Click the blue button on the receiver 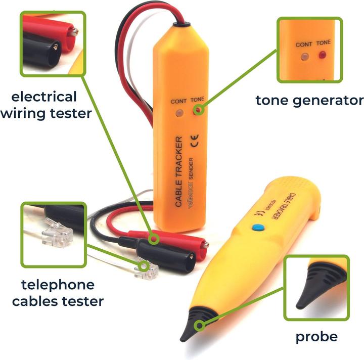point(260,228)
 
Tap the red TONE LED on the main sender point(199,109)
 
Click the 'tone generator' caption point(309,100)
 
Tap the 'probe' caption point(316,336)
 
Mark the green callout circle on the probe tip point(201,324)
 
